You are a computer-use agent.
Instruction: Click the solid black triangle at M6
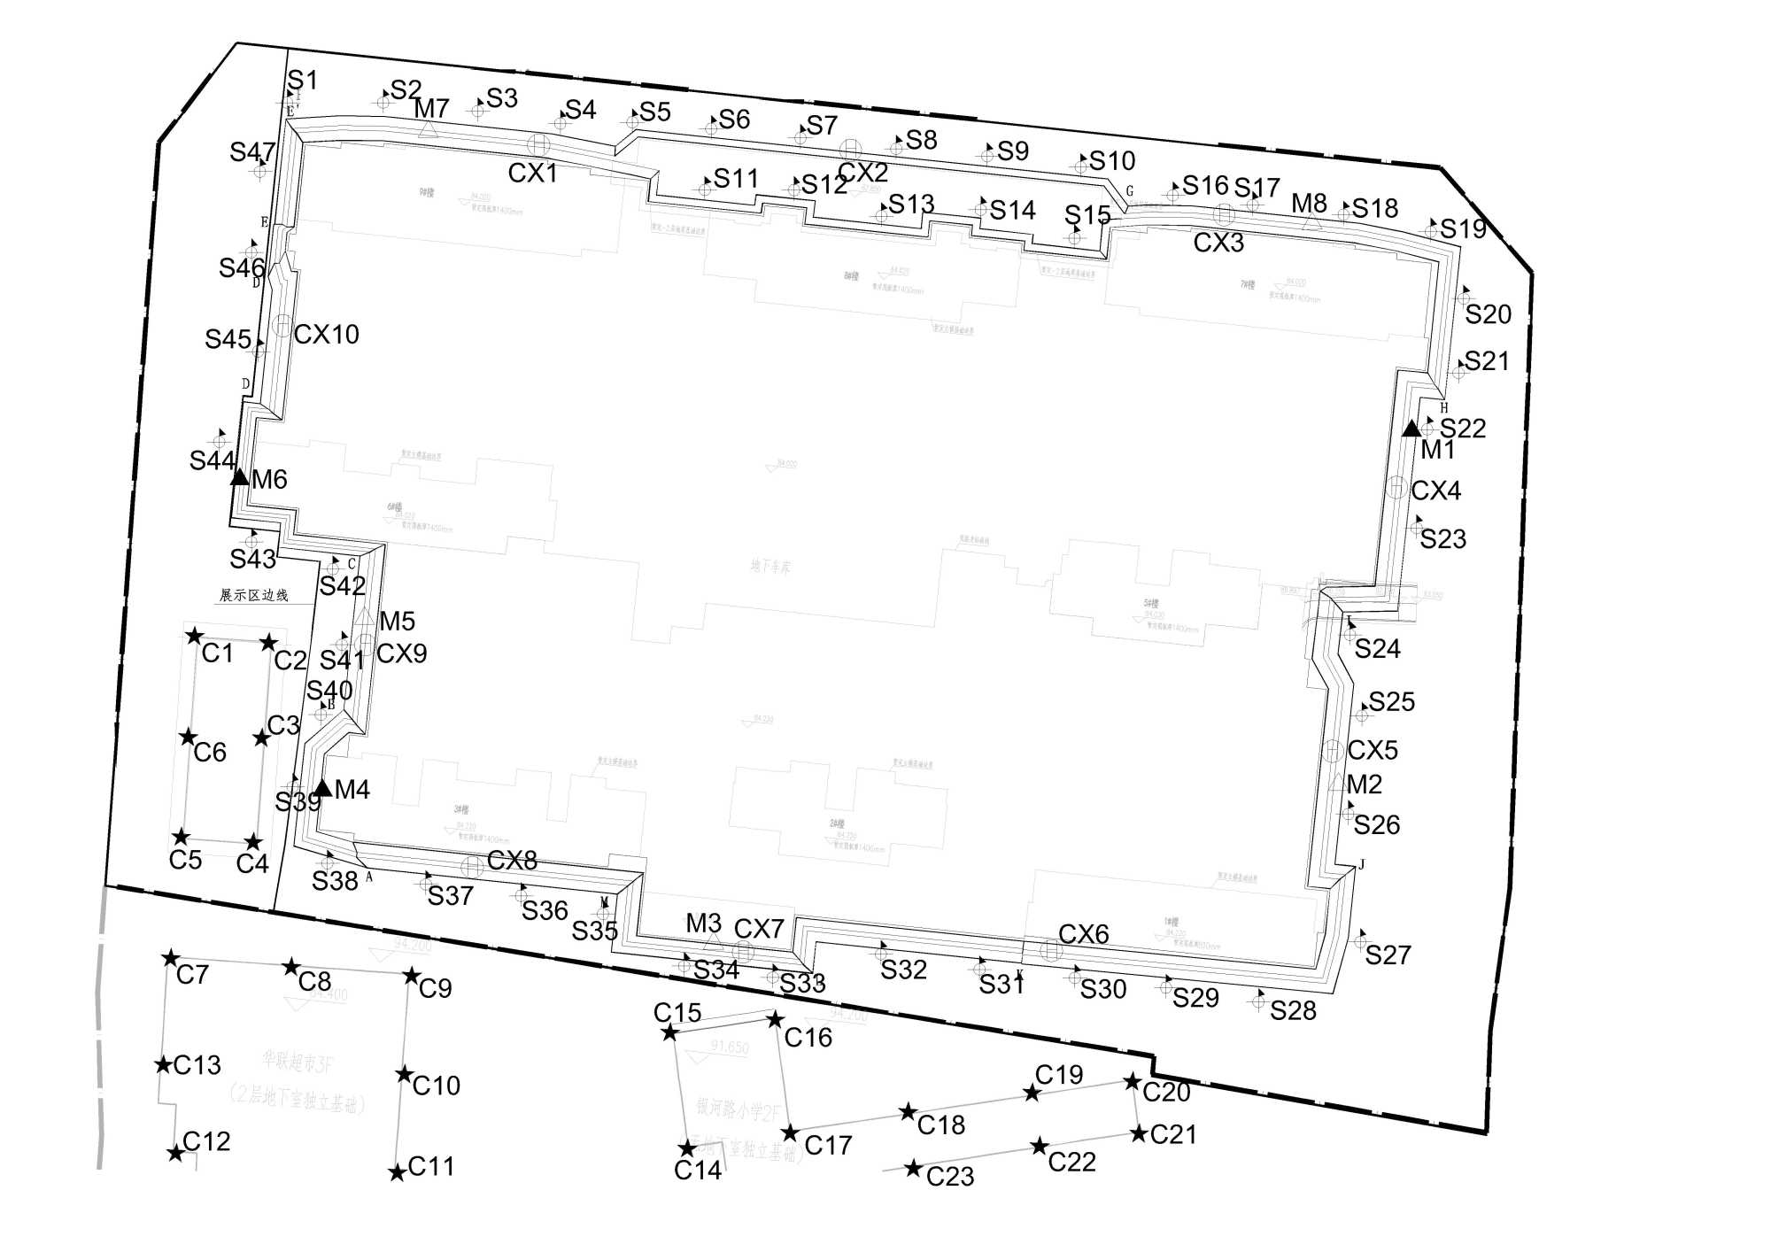coord(239,476)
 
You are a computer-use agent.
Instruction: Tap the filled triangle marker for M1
coord(1411,429)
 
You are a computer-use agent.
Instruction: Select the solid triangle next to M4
coord(322,787)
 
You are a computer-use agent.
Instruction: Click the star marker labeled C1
coord(195,636)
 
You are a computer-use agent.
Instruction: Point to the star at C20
coord(1133,1082)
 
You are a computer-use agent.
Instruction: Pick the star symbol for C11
coord(398,1172)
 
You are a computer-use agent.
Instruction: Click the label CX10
coord(326,334)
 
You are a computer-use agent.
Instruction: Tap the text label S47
coord(252,151)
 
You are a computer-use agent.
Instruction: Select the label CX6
coord(1084,933)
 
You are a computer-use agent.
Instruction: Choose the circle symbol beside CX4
coord(1396,487)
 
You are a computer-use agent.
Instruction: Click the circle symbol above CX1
coord(538,143)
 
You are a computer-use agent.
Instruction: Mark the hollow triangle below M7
coord(429,129)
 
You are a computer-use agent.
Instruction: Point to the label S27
coord(1388,954)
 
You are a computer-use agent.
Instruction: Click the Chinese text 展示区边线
coord(254,595)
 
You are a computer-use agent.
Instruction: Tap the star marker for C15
coord(670,1032)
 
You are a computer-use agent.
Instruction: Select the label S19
coord(1463,228)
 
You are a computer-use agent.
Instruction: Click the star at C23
coord(914,1169)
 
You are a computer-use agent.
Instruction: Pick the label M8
coord(1309,203)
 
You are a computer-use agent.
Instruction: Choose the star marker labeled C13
coord(164,1064)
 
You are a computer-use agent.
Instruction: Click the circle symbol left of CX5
coord(1332,751)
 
